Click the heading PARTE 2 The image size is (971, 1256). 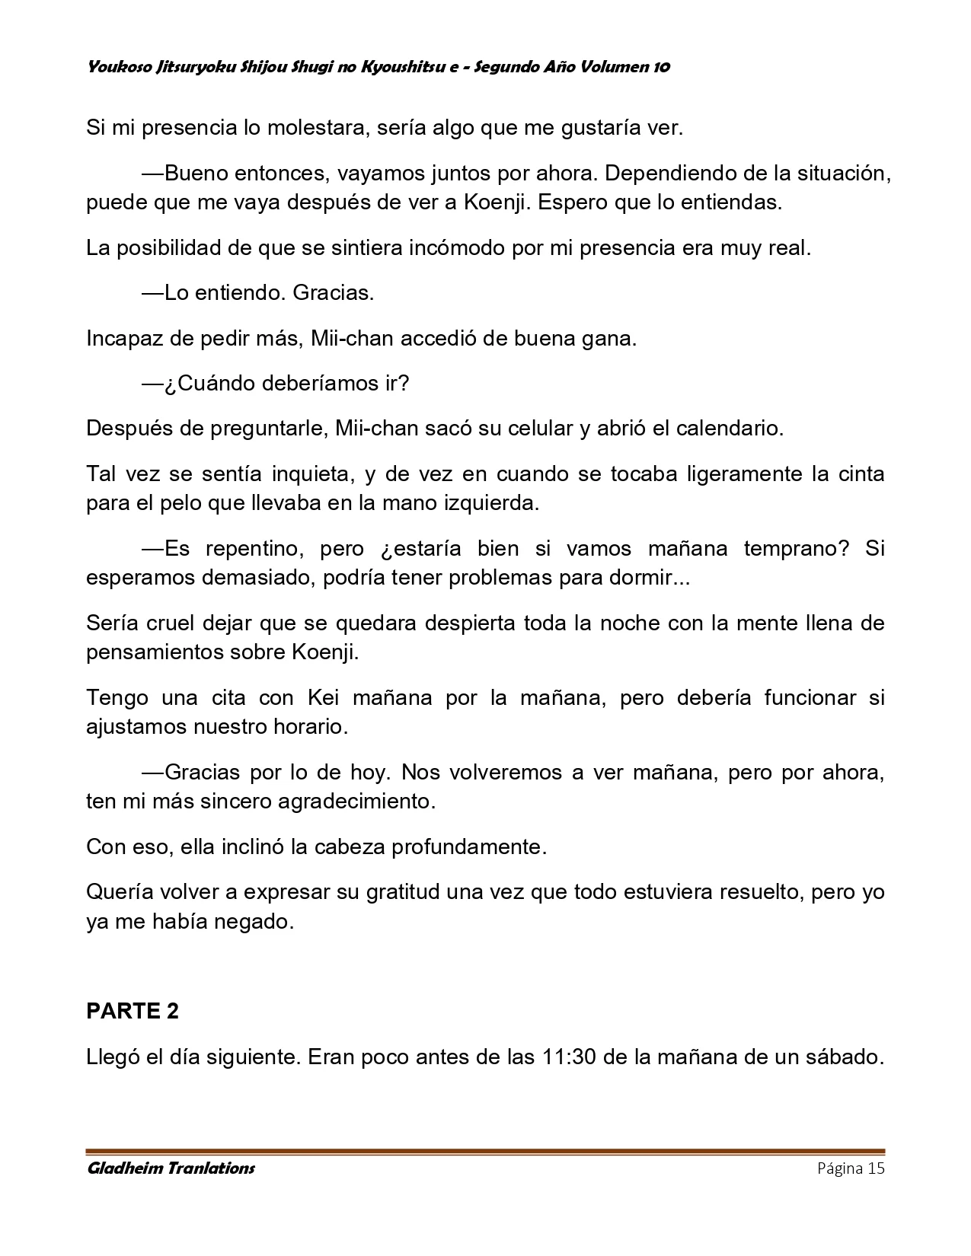(x=133, y=1011)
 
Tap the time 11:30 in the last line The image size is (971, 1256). (x=569, y=1057)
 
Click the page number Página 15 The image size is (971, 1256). (x=851, y=1168)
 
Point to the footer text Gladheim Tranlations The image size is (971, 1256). (x=171, y=1168)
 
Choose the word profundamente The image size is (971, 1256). (x=469, y=846)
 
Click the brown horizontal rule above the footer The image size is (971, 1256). (x=485, y=1152)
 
